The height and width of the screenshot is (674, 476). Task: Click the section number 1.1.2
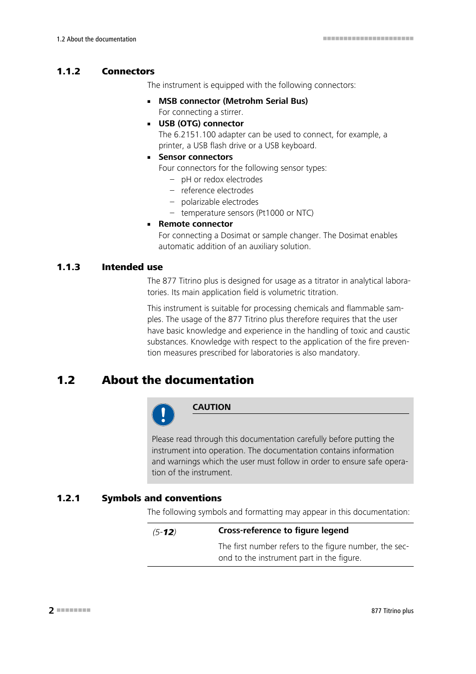coord(68,71)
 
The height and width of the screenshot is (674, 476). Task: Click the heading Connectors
coord(128,71)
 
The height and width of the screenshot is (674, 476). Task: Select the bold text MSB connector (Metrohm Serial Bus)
coord(233,101)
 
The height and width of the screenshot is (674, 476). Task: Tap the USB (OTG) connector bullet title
coord(201,123)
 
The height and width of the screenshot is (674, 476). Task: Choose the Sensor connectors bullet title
coord(195,157)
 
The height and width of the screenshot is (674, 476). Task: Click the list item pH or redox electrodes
coord(222,179)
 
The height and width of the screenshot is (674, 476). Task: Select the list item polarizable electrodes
coord(220,202)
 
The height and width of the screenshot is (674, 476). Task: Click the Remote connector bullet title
coord(195,224)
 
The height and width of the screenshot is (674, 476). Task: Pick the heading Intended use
coord(132,267)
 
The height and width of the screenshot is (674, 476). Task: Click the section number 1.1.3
coord(68,267)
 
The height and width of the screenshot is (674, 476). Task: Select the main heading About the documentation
coord(178,380)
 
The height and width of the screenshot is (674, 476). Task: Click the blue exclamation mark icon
coord(163,415)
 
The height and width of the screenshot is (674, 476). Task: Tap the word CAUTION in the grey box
coord(212,407)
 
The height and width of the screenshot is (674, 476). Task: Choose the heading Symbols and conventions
coord(161,498)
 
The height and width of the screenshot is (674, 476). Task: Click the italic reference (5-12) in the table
coord(164,532)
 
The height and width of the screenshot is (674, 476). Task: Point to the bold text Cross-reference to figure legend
coord(283,531)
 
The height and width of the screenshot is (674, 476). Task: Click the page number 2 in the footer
coord(51,610)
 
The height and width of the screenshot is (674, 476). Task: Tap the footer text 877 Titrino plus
coord(392,611)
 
